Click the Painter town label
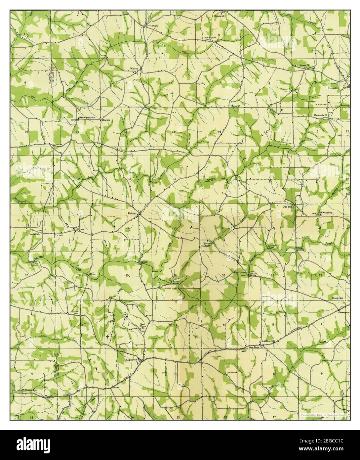pyautogui.click(x=132, y=214)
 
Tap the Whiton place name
pyautogui.click(x=134, y=69)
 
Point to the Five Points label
pyautogui.click(x=153, y=25)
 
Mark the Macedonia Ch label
pyautogui.click(x=320, y=115)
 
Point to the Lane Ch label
pyautogui.click(x=235, y=106)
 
